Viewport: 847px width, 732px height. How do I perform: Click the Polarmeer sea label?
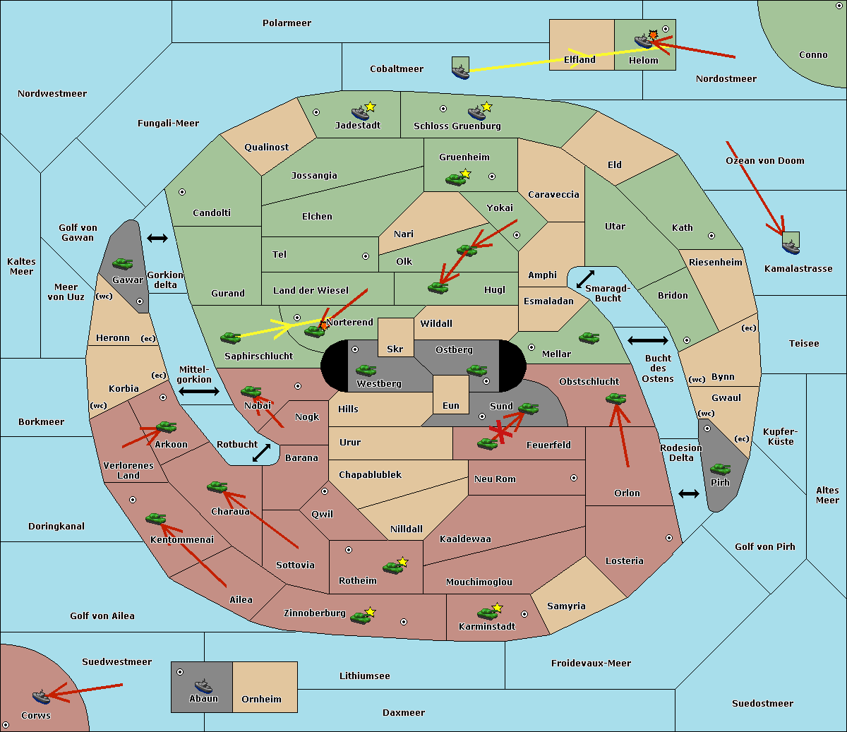287,23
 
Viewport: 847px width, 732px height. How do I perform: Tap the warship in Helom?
643,41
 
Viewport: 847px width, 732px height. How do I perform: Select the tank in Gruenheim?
456,179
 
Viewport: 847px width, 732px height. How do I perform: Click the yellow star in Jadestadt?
370,107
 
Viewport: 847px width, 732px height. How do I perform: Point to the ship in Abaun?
203,685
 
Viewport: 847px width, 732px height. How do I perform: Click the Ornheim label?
261,699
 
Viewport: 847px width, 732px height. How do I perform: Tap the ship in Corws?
41,697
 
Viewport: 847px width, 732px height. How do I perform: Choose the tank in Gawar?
123,263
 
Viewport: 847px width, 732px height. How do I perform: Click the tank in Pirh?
721,469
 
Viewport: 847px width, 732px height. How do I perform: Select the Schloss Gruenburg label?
457,126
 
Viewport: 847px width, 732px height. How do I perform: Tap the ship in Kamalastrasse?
791,247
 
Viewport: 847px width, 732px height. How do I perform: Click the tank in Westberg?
366,370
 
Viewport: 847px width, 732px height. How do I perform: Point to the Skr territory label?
395,349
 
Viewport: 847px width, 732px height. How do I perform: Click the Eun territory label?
451,405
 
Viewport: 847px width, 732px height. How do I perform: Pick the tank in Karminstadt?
487,613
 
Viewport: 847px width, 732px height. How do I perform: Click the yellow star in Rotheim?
403,561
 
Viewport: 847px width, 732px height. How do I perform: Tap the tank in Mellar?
589,338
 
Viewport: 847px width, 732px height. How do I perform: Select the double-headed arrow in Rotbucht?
261,453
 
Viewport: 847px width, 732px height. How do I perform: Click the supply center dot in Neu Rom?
574,478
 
